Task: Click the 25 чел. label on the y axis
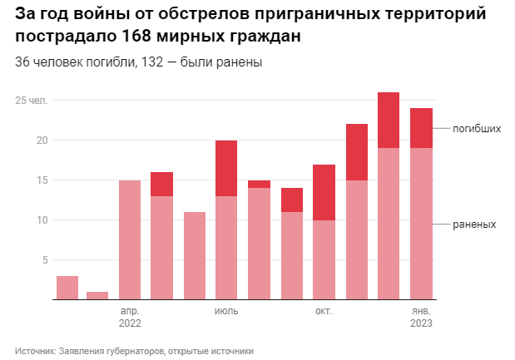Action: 32,101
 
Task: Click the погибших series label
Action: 478,129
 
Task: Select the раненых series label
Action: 475,224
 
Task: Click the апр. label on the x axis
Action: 130,311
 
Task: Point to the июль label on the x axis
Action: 226,311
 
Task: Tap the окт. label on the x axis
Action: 324,311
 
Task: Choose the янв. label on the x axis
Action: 421,311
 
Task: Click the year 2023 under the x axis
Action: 421,323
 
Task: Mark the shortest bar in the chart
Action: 97,295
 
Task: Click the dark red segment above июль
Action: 226,168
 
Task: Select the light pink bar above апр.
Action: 130,239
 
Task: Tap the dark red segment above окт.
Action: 324,192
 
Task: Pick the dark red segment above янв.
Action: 421,128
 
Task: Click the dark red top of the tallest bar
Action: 389,120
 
